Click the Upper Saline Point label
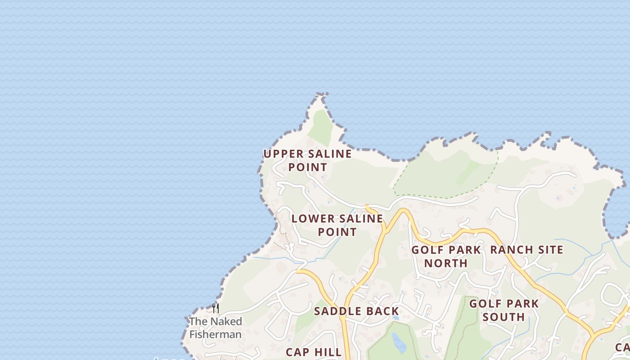point(308,160)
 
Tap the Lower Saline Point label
point(337,225)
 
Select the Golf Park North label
point(446,256)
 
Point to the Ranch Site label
point(526,249)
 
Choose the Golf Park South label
point(504,310)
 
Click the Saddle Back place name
point(356,311)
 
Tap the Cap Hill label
point(314,352)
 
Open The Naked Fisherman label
point(216,328)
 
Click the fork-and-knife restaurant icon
point(216,308)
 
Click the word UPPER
point(279,153)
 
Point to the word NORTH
point(446,263)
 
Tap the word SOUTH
point(504,317)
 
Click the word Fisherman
point(216,334)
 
